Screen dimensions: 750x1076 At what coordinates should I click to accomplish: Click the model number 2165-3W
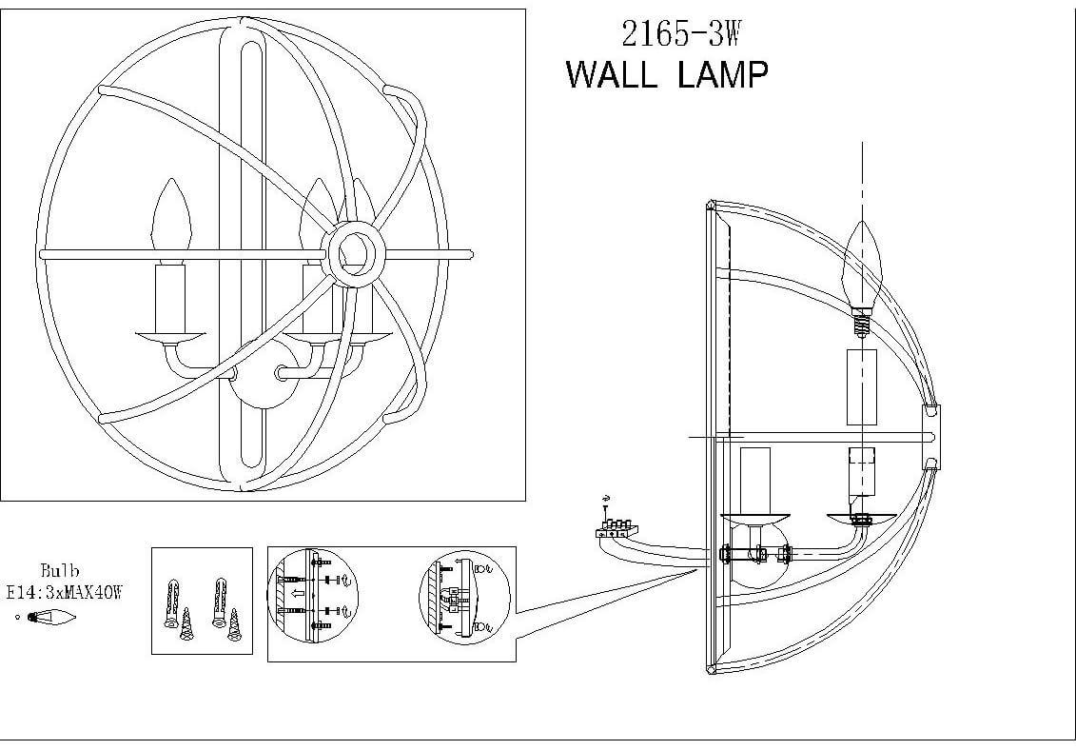point(679,34)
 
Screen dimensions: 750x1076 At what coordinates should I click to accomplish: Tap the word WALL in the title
point(611,73)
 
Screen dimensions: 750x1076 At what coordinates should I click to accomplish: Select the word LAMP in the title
point(723,73)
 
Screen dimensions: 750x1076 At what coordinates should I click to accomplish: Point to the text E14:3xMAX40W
point(65,592)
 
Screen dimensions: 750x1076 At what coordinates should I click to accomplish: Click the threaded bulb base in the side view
point(861,325)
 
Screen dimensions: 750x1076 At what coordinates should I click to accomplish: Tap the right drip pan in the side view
point(862,518)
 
